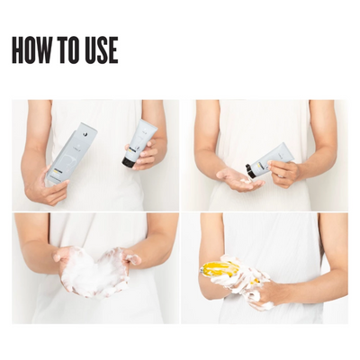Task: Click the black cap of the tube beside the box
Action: (x=130, y=162)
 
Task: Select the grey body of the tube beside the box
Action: (x=144, y=138)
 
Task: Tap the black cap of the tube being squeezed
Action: (x=252, y=168)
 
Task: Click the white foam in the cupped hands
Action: (x=95, y=272)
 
